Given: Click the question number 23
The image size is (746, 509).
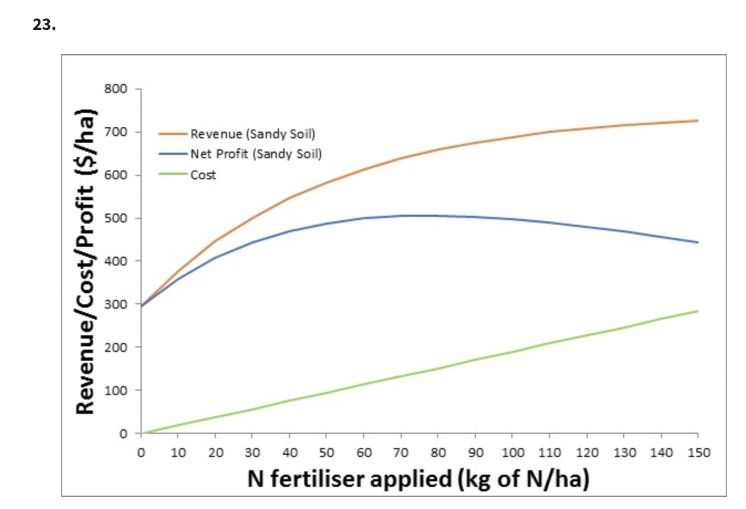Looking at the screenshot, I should click(x=44, y=25).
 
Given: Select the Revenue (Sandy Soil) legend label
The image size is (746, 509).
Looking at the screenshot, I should click(x=252, y=134).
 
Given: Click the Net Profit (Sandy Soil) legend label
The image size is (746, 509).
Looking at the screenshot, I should click(x=256, y=154).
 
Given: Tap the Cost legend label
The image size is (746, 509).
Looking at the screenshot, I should click(x=203, y=175).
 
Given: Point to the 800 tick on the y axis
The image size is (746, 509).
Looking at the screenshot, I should click(x=116, y=89).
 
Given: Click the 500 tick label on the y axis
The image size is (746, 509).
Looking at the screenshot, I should click(x=116, y=218).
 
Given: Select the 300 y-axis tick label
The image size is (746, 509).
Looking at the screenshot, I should click(x=116, y=304).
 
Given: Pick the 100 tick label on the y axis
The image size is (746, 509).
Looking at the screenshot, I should click(x=116, y=390).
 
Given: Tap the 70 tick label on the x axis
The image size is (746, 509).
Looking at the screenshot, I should click(x=401, y=453).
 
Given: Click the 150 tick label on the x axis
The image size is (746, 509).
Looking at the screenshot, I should click(x=698, y=453).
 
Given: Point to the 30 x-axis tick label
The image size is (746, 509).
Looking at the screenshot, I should click(x=252, y=453).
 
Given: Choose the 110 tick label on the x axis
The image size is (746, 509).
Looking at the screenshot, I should click(x=550, y=453).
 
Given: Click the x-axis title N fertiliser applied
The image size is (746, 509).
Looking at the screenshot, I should click(x=418, y=479).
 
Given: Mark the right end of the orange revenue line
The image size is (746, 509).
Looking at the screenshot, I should click(x=697, y=121).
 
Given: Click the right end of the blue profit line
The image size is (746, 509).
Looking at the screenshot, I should click(x=697, y=242).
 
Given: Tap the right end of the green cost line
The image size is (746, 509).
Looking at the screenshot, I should click(x=697, y=311).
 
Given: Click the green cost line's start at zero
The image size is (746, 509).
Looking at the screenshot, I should click(x=142, y=433).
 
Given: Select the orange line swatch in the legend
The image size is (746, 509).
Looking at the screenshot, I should click(x=173, y=134).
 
